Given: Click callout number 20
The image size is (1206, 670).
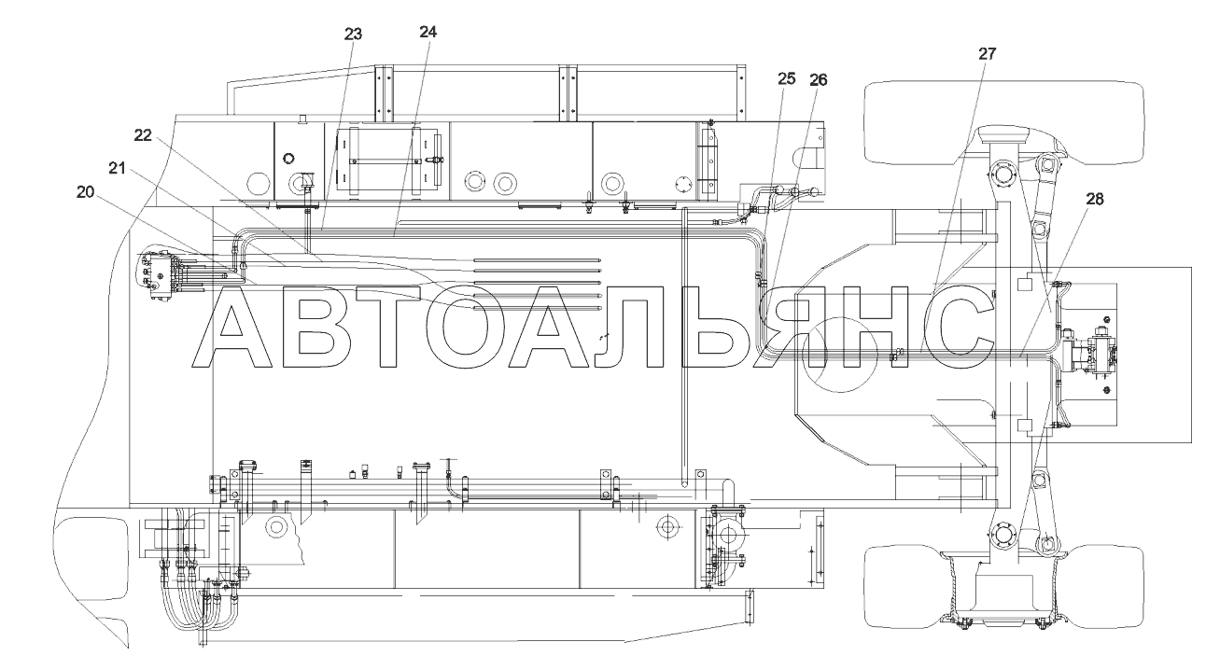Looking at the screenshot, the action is (x=85, y=191).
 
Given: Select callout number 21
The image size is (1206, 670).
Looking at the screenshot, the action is (x=117, y=169).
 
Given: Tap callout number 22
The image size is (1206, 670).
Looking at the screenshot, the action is (x=143, y=134).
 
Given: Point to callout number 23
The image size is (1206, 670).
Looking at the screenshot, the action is (x=353, y=35).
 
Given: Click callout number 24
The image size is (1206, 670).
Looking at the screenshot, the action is (x=428, y=33).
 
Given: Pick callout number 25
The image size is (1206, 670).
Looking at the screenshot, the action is (x=787, y=79).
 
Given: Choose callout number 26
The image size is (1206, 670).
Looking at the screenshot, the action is (x=819, y=80).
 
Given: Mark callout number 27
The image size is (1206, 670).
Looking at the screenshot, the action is (x=988, y=54).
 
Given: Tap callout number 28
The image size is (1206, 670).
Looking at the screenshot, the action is (x=1095, y=199).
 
